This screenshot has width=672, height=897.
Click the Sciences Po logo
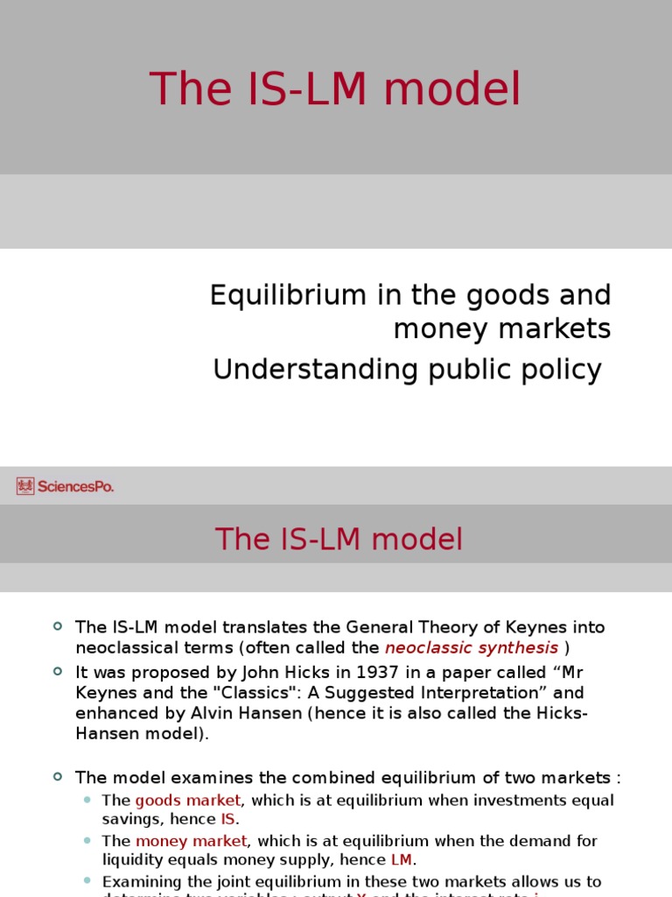(65, 486)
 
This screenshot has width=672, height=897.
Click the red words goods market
(187, 800)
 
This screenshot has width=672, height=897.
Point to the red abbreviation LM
(401, 860)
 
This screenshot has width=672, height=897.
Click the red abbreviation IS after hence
(227, 820)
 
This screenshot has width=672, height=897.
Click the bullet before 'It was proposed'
(58, 670)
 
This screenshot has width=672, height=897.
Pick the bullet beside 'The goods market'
(87, 800)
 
